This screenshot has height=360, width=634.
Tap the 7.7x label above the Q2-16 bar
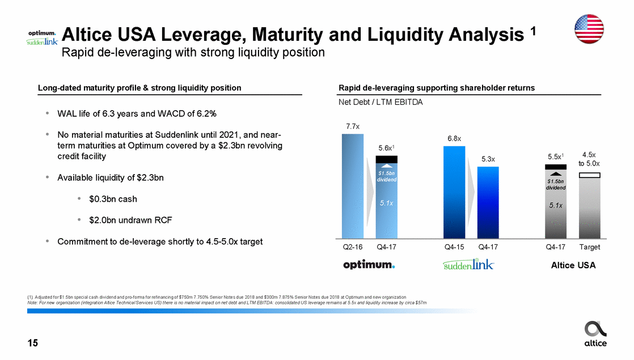353,125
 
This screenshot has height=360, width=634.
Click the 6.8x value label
454,138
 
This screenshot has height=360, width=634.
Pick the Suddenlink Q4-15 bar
454,192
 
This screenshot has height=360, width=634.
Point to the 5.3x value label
488,159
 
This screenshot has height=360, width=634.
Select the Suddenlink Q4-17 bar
488,202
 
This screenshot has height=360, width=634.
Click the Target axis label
590,247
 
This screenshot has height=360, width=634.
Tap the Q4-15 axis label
454,247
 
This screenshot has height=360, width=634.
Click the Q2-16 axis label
353,247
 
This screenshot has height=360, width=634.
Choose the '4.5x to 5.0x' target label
590,159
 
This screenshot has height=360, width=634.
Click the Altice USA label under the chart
573,265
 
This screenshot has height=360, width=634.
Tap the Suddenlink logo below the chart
468,265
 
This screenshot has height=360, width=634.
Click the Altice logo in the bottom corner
595,333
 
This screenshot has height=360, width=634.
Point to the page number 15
33,342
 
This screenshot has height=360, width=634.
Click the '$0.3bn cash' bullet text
113,199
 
